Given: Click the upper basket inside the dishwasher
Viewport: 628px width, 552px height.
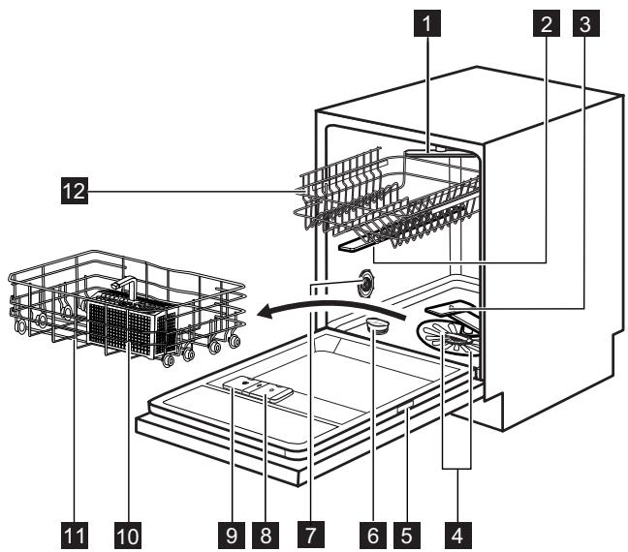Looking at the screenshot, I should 388,199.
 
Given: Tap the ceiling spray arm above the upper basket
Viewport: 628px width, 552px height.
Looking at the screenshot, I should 441,150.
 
